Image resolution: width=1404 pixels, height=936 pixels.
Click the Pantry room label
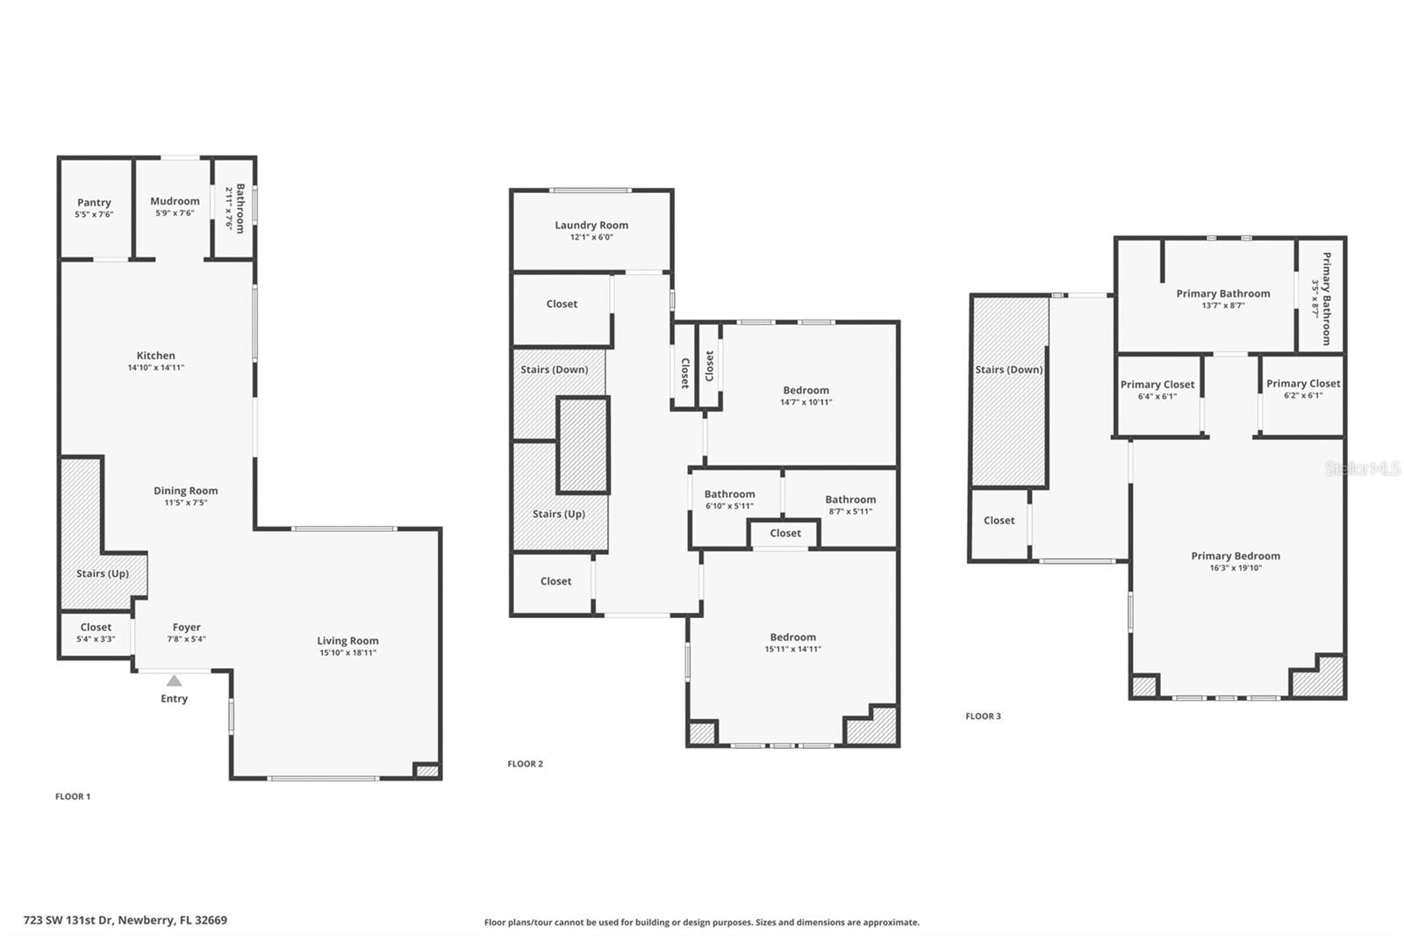[94, 202]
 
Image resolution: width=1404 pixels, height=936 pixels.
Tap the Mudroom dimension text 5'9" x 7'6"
[175, 213]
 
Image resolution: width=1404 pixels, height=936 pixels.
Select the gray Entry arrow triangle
[175, 680]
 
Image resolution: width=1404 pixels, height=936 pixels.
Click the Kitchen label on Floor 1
[156, 356]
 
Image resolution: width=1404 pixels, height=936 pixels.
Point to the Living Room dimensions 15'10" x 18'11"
[347, 653]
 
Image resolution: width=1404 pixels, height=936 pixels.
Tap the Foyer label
[186, 627]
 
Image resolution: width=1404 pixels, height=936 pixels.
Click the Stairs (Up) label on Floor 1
[103, 573]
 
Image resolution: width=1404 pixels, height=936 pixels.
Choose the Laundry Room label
[591, 225]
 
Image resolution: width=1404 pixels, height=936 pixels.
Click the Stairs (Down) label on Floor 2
[555, 370]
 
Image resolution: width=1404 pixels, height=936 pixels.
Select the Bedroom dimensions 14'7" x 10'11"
[806, 402]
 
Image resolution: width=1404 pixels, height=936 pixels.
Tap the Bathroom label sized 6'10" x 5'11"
[729, 494]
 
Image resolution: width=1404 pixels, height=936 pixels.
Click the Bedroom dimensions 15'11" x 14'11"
[792, 650]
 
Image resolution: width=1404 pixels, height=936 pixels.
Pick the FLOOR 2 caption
[526, 764]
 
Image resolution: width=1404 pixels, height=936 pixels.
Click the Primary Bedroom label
[1236, 556]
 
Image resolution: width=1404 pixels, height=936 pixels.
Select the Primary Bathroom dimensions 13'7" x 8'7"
[1223, 306]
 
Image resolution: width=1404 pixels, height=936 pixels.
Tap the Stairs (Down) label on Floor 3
[1009, 370]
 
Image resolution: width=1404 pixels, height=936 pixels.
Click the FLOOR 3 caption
[983, 716]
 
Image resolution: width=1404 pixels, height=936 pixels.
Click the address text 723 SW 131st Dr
[125, 920]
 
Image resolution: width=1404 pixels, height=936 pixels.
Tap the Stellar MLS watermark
[1363, 469]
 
